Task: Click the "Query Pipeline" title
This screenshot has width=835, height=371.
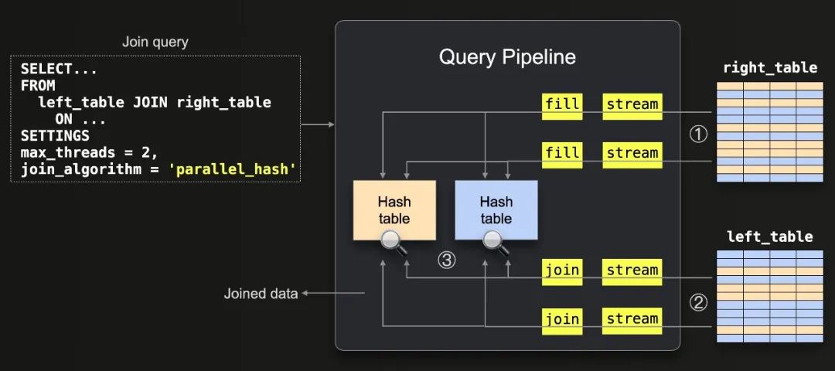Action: pyautogui.click(x=507, y=57)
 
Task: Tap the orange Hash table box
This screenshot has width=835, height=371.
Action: pyautogui.click(x=394, y=209)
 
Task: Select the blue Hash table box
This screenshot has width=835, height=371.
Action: pyautogui.click(x=496, y=209)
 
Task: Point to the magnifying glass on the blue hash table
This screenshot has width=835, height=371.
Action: pyautogui.click(x=494, y=242)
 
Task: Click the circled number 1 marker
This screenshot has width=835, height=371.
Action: pyautogui.click(x=698, y=134)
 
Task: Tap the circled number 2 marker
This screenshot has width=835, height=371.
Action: pyautogui.click(x=698, y=303)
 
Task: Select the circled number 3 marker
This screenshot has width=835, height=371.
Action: pyautogui.click(x=446, y=260)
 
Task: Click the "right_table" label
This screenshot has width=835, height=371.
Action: pyautogui.click(x=769, y=67)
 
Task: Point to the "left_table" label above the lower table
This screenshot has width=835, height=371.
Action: pyautogui.click(x=769, y=237)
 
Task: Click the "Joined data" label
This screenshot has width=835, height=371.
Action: pyautogui.click(x=261, y=294)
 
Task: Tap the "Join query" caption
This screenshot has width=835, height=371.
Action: pyautogui.click(x=155, y=42)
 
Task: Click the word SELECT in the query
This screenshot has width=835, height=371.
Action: pyautogui.click(x=44, y=69)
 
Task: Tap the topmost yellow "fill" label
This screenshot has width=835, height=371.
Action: pyautogui.click(x=562, y=104)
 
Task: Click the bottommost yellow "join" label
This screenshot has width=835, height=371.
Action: pyautogui.click(x=562, y=318)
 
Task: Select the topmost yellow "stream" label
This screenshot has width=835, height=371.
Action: pyautogui.click(x=632, y=104)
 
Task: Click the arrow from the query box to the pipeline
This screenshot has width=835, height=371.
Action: pyautogui.click(x=317, y=124)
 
